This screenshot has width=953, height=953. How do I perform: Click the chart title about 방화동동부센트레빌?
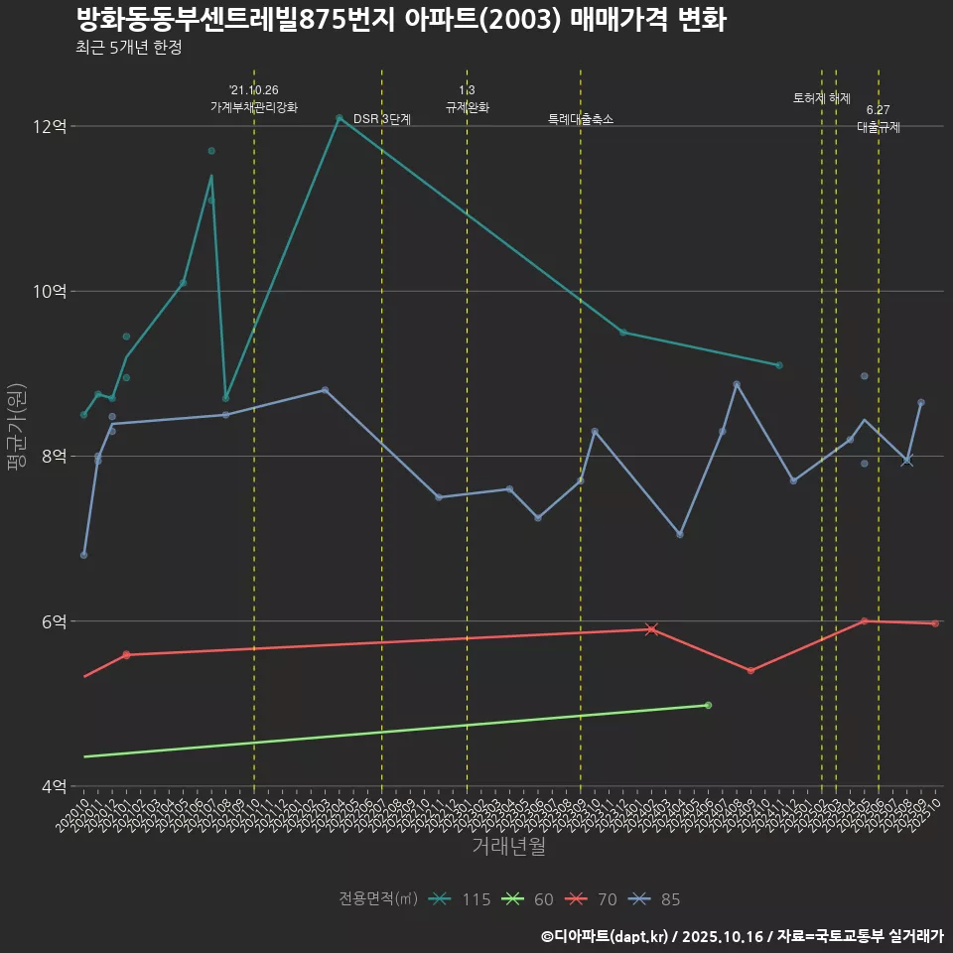[x=400, y=20]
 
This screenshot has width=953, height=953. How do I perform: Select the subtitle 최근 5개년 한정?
[x=128, y=48]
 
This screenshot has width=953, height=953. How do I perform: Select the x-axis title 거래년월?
[x=508, y=847]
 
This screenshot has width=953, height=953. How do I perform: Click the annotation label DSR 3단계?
[x=382, y=119]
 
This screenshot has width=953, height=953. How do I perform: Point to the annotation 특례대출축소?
[x=581, y=119]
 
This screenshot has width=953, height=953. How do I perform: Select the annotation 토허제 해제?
[x=822, y=98]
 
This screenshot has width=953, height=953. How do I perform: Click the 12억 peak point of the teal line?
[x=340, y=118]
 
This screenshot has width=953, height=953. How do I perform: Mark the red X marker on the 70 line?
[x=651, y=629]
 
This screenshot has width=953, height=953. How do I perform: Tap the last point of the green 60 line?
[x=708, y=705]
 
